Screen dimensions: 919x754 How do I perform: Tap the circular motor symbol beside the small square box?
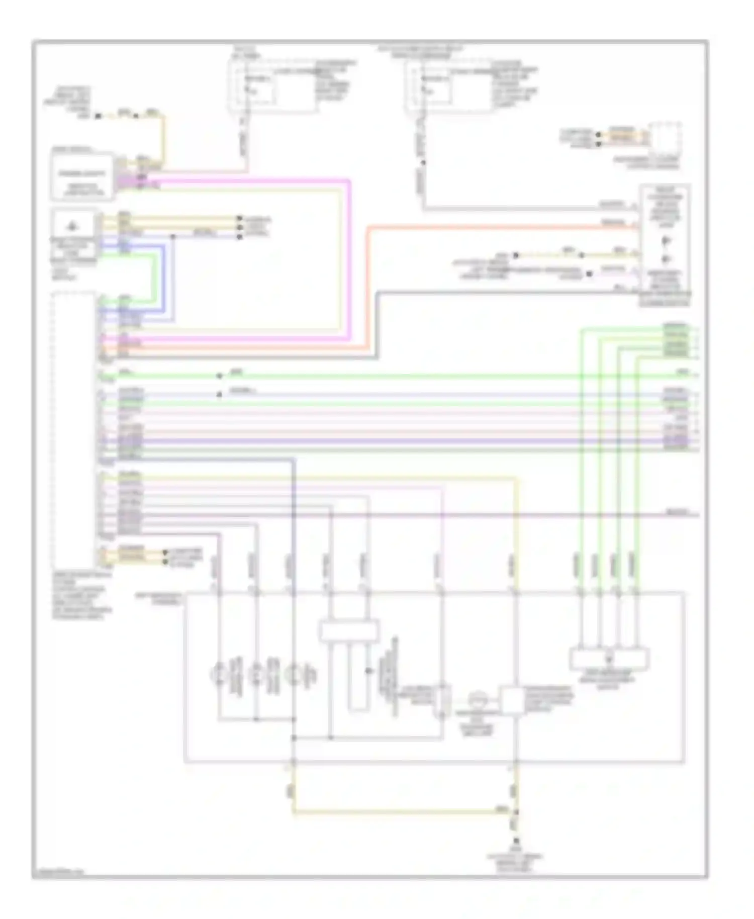pyautogui.click(x=477, y=699)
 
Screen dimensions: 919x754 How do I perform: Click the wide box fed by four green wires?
pyautogui.click(x=609, y=659)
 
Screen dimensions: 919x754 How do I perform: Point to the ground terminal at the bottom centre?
pyautogui.click(x=515, y=841)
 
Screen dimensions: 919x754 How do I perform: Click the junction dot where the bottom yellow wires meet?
pyautogui.click(x=515, y=811)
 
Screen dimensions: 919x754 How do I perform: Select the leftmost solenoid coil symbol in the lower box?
pyautogui.click(x=219, y=674)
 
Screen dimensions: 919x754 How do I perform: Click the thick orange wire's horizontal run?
pyautogui.click(x=503, y=227)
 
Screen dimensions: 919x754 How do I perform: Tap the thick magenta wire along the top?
pyautogui.click(x=251, y=179)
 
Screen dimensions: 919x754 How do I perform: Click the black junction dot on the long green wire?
pyautogui.click(x=219, y=376)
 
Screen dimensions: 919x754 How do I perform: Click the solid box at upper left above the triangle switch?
pyautogui.click(x=82, y=176)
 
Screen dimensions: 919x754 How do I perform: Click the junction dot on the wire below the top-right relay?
pyautogui.click(x=423, y=162)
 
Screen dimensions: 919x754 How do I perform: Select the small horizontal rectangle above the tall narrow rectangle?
pyautogui.click(x=349, y=631)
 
